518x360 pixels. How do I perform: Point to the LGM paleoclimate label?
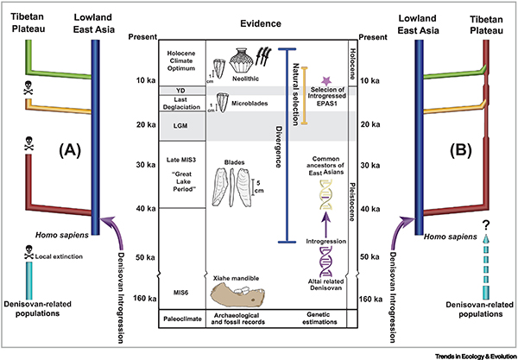pyautogui.click(x=157, y=125)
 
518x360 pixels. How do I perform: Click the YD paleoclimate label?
pyautogui.click(x=157, y=91)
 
